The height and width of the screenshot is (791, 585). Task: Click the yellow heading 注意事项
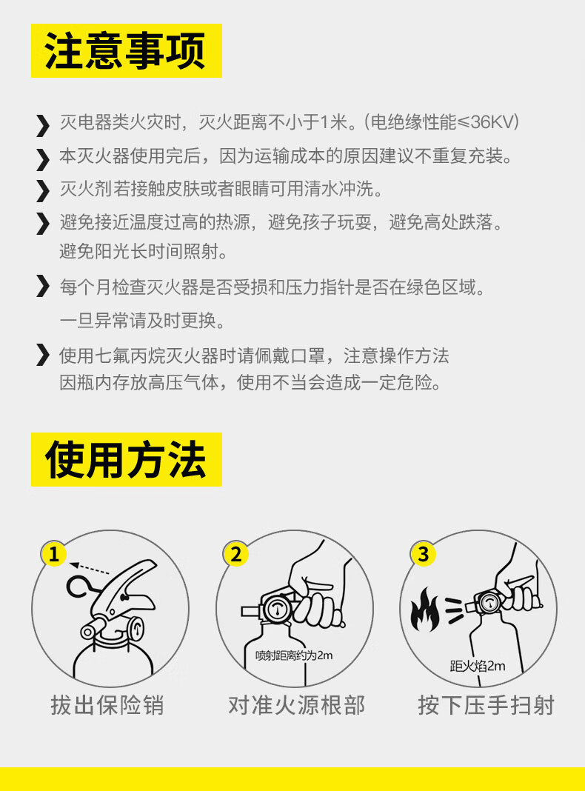(126, 50)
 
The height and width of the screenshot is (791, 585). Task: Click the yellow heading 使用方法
(126, 459)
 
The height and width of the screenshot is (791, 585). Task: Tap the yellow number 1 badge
(54, 554)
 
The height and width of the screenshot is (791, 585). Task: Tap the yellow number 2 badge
(235, 554)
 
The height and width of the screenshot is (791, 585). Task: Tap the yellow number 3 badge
(423, 554)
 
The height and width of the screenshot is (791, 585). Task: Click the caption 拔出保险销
(107, 705)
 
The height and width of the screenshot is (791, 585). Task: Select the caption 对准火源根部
(296, 705)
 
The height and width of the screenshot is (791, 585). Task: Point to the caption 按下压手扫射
(487, 705)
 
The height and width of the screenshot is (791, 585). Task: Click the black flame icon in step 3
(424, 610)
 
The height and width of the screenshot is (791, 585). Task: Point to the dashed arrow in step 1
(90, 569)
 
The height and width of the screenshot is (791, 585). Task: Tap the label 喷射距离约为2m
(294, 655)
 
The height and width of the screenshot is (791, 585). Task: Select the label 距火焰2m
(478, 666)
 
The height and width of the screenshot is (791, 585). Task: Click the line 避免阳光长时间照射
(143, 251)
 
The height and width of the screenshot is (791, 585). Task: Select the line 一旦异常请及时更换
(142, 321)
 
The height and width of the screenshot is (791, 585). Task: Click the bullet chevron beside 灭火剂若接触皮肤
(43, 190)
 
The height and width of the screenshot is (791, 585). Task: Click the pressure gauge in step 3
(488, 602)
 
